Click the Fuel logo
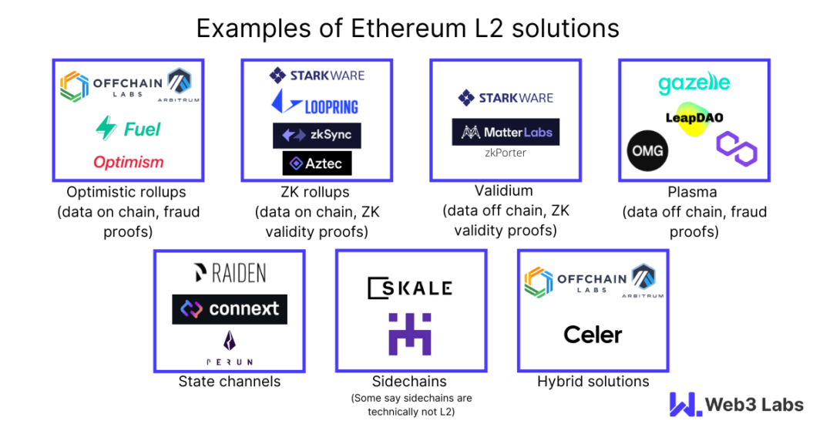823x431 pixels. click(128, 128)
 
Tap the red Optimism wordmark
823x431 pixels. click(129, 162)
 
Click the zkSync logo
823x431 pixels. click(317, 135)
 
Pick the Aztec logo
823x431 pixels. click(317, 163)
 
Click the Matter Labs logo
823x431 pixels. click(506, 133)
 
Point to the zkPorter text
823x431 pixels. click(506, 153)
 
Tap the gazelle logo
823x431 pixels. click(694, 83)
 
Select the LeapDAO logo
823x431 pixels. click(694, 118)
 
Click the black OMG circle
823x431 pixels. click(648, 150)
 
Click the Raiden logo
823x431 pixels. click(230, 272)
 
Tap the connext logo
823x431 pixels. click(230, 309)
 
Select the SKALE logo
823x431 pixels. click(409, 288)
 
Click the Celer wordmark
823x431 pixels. click(593, 334)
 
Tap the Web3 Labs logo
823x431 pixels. click(736, 405)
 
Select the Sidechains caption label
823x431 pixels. click(411, 382)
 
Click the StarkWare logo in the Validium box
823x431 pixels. click(506, 98)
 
